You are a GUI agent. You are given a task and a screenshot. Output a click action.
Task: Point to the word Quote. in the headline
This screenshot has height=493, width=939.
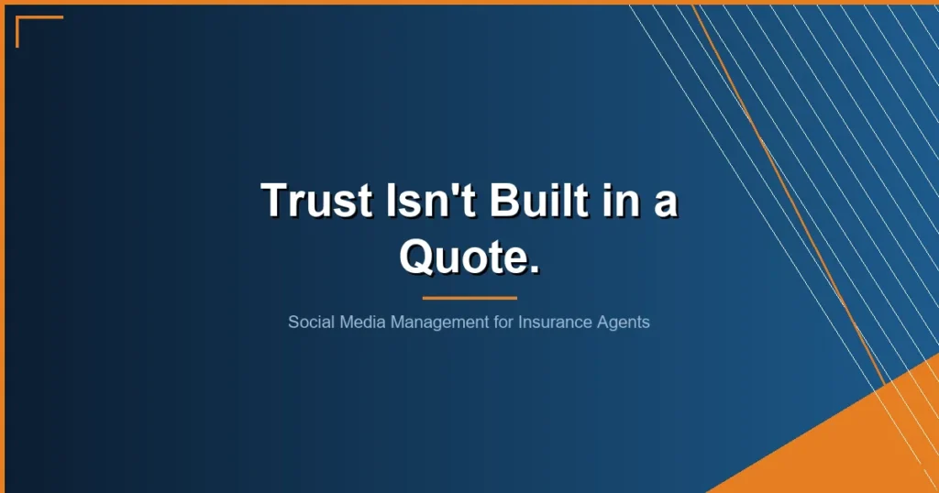click(469, 255)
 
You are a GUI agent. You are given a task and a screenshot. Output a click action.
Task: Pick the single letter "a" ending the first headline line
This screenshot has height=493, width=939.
click(665, 203)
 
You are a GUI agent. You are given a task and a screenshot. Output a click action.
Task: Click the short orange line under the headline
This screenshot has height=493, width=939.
click(469, 298)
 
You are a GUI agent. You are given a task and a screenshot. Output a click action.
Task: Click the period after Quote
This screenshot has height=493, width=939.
click(534, 269)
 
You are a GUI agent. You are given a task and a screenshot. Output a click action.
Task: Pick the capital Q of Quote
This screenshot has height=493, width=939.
click(417, 255)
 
